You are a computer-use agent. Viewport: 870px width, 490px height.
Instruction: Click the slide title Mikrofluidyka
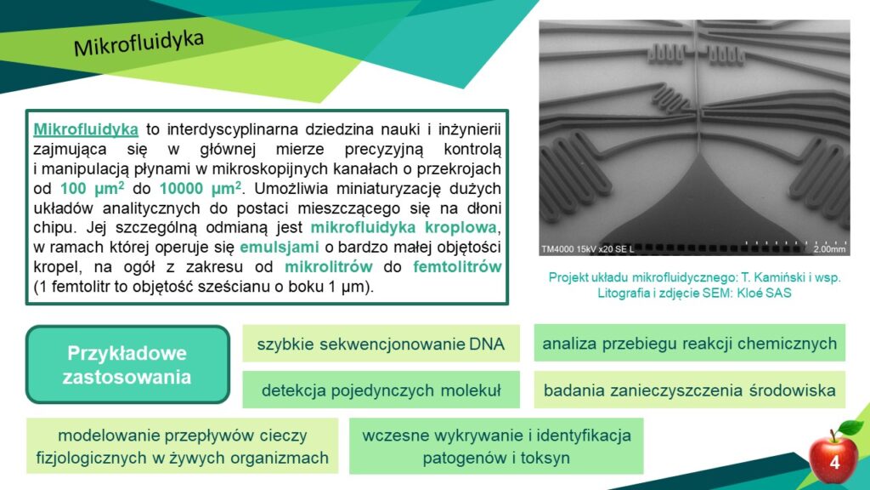point(138,43)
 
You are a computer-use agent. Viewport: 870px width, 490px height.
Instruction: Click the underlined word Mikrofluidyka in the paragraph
point(86,129)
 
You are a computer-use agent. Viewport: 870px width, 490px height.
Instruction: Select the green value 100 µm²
point(92,188)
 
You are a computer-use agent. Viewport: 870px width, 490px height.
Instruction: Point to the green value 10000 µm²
point(201,188)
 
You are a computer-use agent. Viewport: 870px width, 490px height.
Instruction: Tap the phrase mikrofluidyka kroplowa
point(404,227)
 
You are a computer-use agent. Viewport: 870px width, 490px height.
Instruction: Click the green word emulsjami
point(279,247)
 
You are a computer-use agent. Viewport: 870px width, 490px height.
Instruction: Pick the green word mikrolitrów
point(329,266)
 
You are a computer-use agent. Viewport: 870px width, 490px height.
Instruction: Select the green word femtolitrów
point(457,266)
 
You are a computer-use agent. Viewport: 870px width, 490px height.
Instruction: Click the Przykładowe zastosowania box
point(127,364)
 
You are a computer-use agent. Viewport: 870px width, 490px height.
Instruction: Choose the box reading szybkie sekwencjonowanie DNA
point(381,344)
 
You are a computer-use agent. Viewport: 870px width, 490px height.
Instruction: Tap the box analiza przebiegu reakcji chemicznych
point(690,343)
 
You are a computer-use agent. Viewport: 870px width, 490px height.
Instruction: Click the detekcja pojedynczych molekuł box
point(381,390)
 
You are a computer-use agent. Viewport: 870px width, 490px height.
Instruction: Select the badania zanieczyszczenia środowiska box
point(690,390)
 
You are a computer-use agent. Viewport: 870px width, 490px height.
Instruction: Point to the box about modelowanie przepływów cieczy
point(182,446)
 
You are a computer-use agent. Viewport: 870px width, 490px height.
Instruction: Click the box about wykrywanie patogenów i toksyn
point(496,446)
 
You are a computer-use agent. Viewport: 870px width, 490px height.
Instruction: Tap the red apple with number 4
point(834,458)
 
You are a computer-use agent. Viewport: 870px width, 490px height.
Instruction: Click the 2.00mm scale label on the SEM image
point(829,249)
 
